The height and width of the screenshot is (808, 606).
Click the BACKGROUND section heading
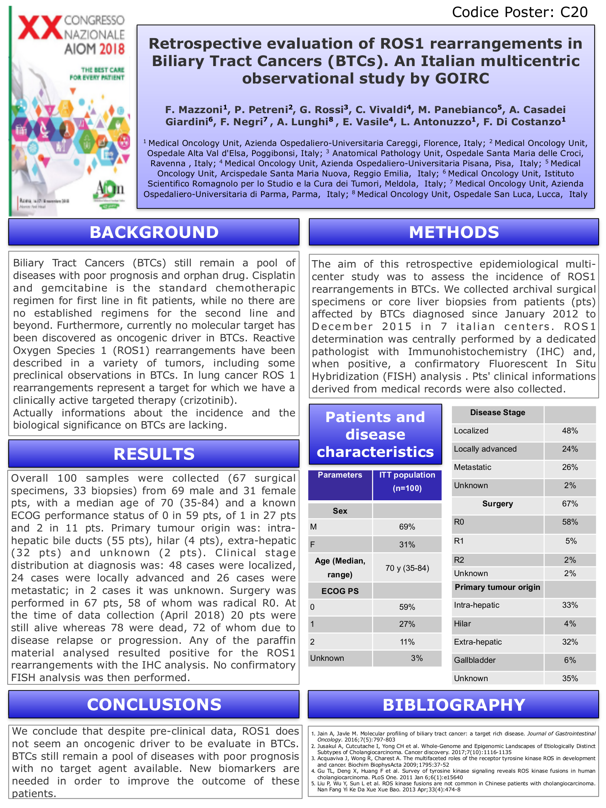[154, 232]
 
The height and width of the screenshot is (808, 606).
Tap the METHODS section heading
[454, 232]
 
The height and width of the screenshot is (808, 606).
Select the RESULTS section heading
[154, 454]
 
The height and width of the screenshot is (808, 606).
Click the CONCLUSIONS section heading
[154, 705]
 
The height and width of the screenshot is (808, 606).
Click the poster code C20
[574, 12]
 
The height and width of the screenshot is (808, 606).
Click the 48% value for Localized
[570, 431]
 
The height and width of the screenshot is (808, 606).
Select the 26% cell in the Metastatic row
[570, 467]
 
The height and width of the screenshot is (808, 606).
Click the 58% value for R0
[570, 522]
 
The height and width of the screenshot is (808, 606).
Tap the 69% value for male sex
[407, 527]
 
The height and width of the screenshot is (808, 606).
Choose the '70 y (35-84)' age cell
[407, 568]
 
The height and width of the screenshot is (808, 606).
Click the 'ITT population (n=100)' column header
[407, 481]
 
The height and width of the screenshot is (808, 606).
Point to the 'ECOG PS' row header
[340, 591]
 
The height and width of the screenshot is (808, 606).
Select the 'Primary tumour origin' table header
[497, 587]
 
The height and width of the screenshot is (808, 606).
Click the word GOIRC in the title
[462, 78]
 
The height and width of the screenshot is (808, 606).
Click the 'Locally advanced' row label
[485, 449]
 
